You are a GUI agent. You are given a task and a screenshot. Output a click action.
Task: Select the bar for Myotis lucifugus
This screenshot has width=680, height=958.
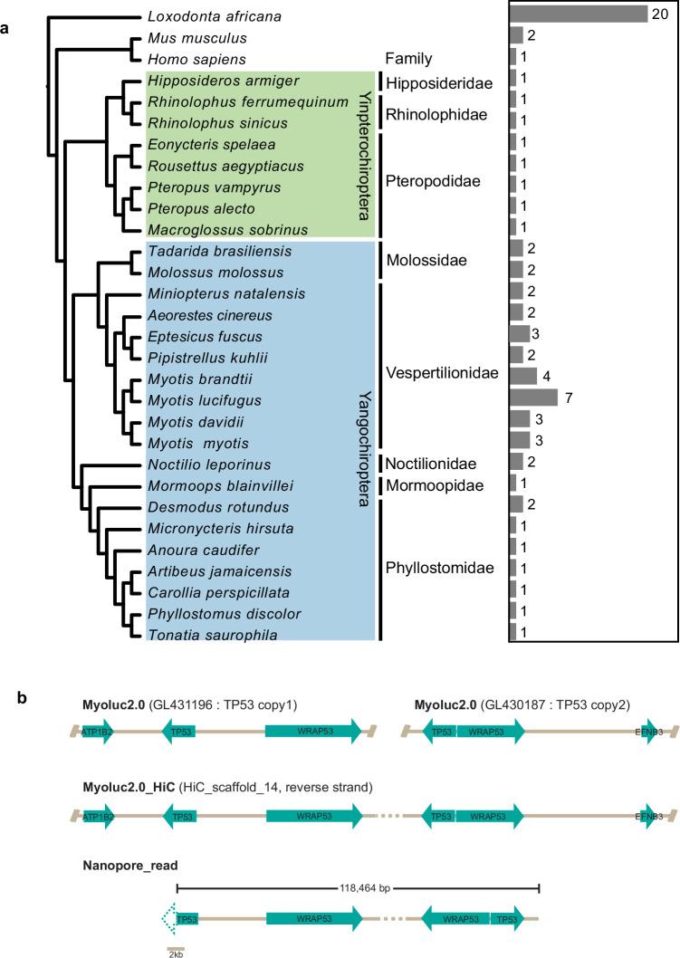(x=533, y=397)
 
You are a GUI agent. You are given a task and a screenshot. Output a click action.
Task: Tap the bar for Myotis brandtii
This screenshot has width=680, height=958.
(x=523, y=375)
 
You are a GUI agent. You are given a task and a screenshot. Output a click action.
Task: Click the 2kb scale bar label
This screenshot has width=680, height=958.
(x=176, y=953)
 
